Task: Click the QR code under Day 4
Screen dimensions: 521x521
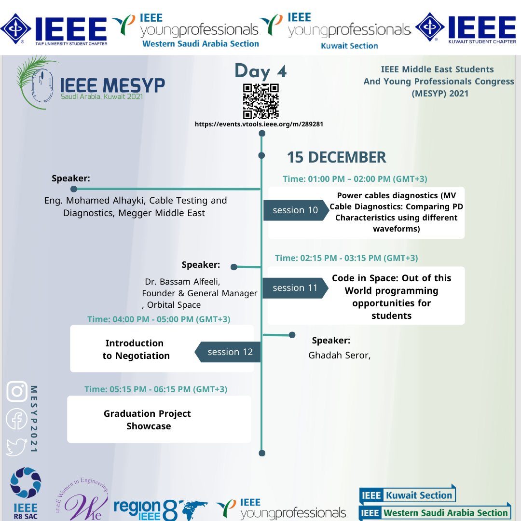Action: click(261, 101)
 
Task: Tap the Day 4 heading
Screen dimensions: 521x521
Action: click(260, 71)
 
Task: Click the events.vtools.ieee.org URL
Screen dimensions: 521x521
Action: click(259, 124)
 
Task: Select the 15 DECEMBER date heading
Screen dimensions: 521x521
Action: click(336, 157)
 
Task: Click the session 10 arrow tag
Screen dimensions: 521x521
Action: click(296, 210)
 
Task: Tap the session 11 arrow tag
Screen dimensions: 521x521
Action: click(295, 288)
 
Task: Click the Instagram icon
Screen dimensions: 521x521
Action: click(17, 391)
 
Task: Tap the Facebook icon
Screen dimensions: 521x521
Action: click(16, 419)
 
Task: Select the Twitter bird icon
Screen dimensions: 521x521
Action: click(16, 447)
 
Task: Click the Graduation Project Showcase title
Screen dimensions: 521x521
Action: click(148, 420)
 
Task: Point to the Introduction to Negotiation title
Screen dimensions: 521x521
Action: click(136, 349)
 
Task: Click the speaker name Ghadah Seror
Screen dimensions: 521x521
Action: click(339, 356)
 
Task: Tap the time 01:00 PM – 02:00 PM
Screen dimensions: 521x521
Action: click(355, 179)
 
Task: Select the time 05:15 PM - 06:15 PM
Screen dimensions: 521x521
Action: click(155, 389)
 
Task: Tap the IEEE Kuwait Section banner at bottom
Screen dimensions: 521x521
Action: click(407, 495)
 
